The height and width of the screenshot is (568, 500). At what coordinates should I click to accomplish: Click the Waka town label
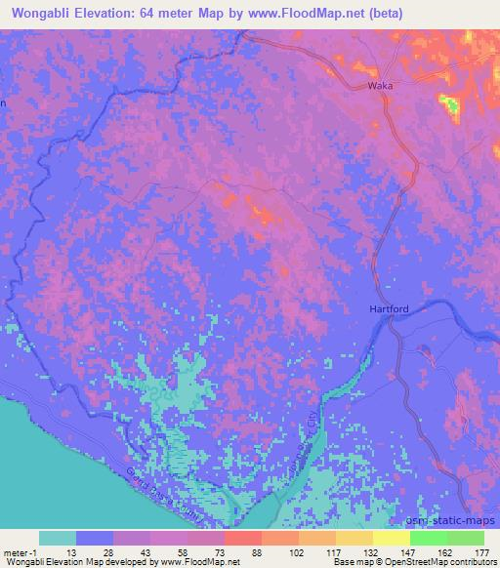(380, 86)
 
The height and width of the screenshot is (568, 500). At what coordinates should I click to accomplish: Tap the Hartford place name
(391, 309)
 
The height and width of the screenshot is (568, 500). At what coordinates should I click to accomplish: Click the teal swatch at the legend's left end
(58, 538)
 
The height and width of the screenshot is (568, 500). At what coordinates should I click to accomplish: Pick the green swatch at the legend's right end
(465, 538)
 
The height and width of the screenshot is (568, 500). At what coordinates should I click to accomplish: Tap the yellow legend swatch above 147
(392, 538)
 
